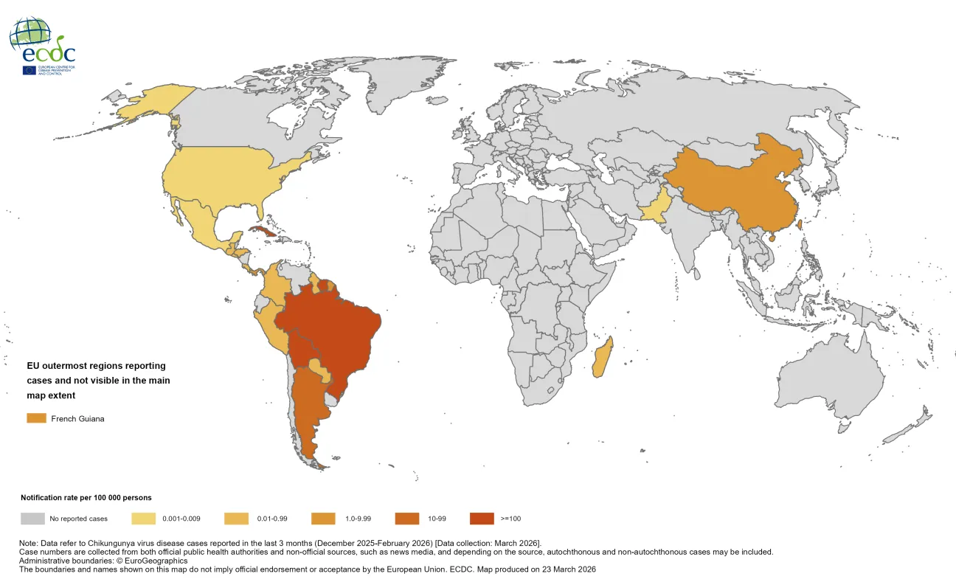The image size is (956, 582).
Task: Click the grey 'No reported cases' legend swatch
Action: tap(32, 519)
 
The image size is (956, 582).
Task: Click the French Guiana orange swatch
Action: tap(36, 418)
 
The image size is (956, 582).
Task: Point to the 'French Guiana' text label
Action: tap(77, 419)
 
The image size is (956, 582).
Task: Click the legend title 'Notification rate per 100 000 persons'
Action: tap(86, 498)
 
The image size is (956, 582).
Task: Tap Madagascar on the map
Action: tap(603, 357)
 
